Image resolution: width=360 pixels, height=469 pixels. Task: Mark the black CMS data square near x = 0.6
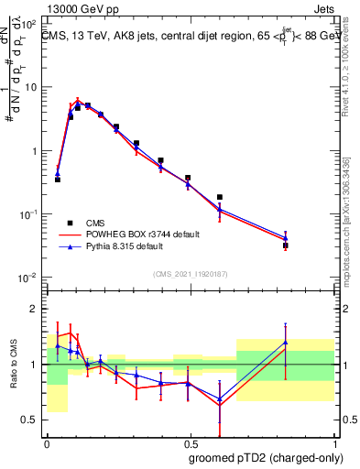click(220, 197)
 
